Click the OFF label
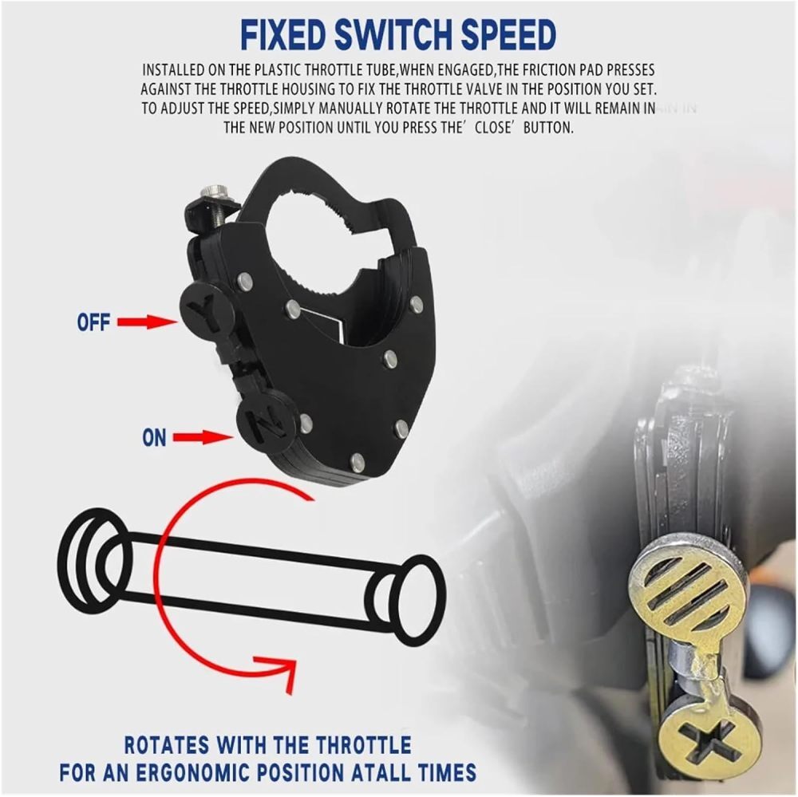(93, 322)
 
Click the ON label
(154, 438)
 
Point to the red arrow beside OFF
(148, 322)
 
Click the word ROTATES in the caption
(167, 745)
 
